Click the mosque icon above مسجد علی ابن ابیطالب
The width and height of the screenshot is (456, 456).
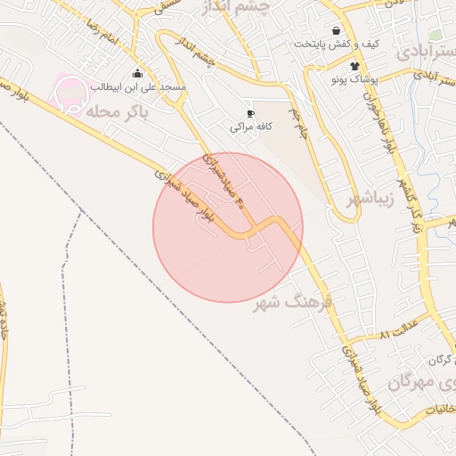click(136, 74)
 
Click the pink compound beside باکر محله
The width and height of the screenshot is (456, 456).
click(71, 91)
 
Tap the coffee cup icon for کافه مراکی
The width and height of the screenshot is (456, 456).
click(250, 114)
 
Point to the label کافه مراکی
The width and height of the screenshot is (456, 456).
click(250, 127)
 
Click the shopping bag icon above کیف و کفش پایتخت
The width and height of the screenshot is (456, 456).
click(335, 30)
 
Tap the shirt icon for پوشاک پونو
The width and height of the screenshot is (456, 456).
click(354, 66)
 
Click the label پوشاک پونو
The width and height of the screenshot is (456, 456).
click(358, 79)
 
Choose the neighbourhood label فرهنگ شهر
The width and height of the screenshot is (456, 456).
click(292, 303)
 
